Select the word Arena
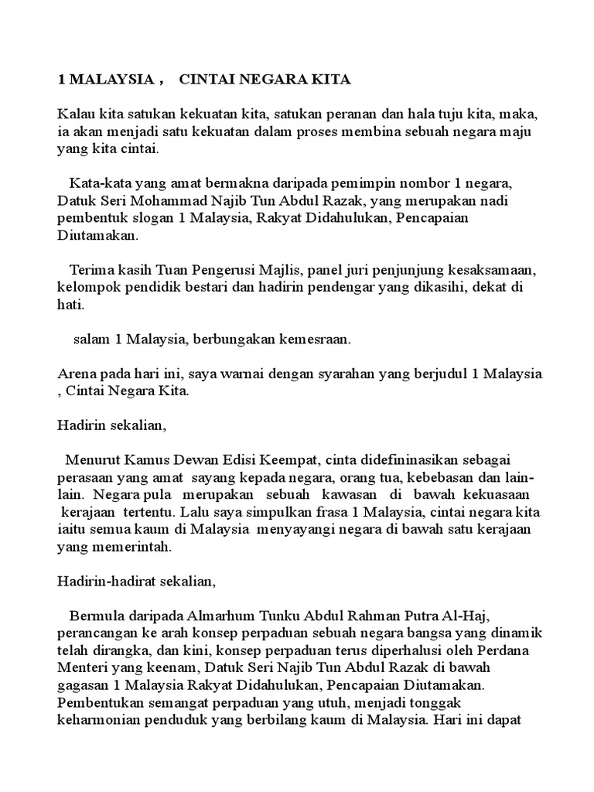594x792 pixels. pos(78,374)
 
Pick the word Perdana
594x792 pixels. pos(491,650)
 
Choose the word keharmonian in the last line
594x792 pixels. pos(97,720)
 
